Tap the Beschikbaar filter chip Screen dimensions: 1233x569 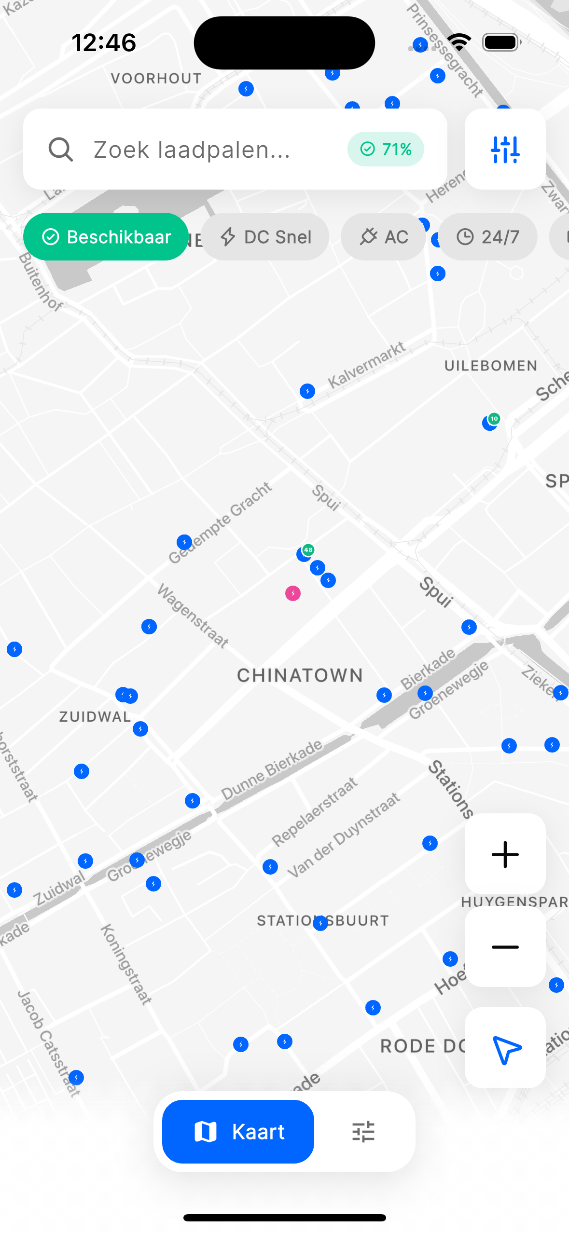click(106, 237)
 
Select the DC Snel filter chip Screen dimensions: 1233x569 click(265, 237)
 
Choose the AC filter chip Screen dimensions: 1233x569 click(383, 237)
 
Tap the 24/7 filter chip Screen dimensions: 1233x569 click(488, 237)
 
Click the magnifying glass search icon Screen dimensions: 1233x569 click(61, 150)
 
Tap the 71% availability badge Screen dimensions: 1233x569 click(386, 150)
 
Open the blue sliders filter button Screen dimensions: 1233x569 click(505, 150)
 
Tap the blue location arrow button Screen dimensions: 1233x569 click(505, 1048)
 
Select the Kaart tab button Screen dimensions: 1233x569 click(238, 1132)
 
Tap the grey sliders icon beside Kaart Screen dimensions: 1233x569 click(363, 1132)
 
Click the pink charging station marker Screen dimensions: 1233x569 click(293, 593)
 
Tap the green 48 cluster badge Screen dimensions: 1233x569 click(308, 550)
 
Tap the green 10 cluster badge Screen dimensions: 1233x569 click(494, 419)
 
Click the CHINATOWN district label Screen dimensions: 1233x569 click(300, 676)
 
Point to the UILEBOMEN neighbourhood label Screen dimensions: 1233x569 click(490, 366)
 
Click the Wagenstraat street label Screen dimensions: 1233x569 click(193, 615)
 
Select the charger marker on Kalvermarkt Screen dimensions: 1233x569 click(307, 391)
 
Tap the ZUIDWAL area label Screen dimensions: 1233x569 click(95, 717)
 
